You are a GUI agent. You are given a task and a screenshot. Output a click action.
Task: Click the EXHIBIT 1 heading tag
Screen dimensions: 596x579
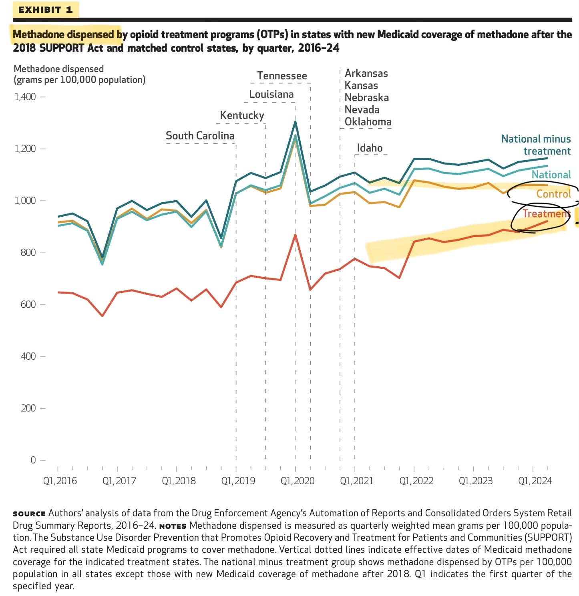[45, 10]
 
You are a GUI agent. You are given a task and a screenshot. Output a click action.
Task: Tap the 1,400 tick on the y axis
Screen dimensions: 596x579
[25, 97]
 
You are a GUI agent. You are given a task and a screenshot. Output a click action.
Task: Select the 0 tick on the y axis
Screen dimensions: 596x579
[33, 460]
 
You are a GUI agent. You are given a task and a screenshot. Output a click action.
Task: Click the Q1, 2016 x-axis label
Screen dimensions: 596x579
[60, 481]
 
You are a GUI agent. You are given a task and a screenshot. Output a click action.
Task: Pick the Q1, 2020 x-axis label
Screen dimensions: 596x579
[297, 481]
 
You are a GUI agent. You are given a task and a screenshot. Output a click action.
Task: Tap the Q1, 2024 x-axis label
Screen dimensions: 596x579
[535, 481]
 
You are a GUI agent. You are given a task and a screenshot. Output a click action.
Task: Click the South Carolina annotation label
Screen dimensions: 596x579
[200, 136]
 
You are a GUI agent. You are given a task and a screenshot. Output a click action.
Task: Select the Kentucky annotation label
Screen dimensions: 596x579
[242, 115]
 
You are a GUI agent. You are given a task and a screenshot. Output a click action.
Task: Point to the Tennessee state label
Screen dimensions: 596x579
[282, 76]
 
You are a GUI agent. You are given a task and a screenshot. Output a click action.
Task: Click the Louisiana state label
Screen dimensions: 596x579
[271, 94]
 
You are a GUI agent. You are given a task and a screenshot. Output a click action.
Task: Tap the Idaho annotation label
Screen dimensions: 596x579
[370, 148]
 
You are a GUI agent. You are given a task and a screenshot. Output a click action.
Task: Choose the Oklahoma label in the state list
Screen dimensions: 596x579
[368, 121]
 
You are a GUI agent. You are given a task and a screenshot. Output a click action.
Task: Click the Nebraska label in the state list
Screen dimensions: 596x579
[366, 97]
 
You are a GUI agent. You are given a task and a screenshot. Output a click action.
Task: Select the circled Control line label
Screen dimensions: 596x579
[553, 194]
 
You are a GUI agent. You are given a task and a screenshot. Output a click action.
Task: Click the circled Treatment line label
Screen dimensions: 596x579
[546, 213]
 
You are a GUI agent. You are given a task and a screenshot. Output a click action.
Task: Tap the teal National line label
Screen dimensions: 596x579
[551, 175]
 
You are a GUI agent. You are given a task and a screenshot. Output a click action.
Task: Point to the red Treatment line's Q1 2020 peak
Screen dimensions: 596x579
[295, 235]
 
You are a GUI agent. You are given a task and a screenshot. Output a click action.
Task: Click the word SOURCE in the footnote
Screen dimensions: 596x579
[29, 513]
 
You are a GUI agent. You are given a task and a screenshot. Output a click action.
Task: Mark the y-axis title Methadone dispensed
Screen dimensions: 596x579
[58, 69]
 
